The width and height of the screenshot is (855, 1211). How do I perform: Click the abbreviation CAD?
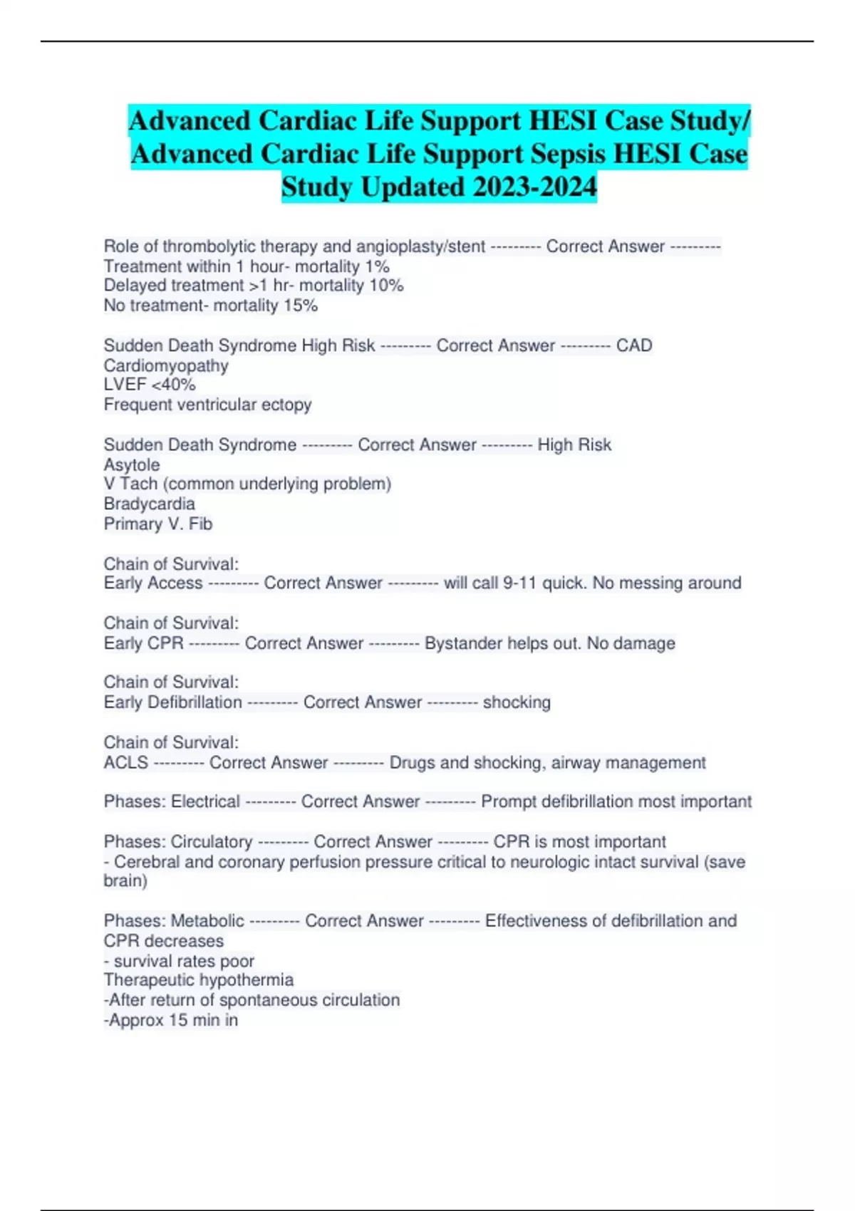point(634,345)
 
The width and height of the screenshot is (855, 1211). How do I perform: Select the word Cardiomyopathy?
point(166,365)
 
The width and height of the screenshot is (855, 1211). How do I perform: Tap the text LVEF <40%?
point(150,385)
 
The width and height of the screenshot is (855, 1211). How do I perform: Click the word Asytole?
point(132,464)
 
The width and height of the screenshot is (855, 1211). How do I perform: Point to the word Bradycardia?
point(149,504)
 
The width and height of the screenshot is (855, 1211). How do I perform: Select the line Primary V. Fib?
point(158,524)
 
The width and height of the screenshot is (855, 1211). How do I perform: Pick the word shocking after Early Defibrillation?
point(517,702)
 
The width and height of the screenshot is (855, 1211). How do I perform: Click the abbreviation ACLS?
point(126,762)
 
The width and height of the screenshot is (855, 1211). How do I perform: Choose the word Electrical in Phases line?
point(206,801)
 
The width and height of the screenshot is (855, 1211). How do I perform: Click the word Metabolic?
point(207,921)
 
